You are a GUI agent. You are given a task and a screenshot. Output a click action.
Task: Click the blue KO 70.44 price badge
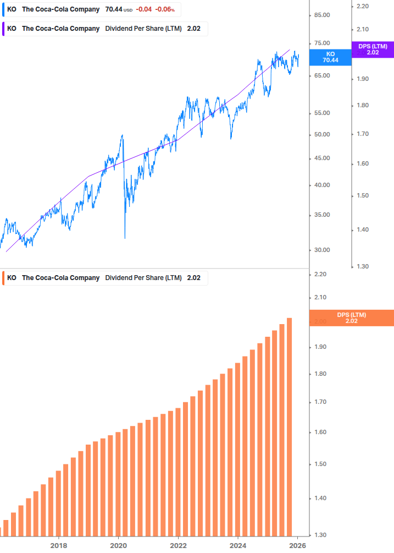tap(330, 57)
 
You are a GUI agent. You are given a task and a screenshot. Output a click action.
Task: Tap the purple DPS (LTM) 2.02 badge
tap(373, 50)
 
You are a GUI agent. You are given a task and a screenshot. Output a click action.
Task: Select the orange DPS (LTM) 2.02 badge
tap(352, 317)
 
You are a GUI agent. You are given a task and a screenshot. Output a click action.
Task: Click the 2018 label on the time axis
tap(59, 545)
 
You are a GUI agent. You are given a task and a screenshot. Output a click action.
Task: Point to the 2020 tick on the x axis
tap(119, 545)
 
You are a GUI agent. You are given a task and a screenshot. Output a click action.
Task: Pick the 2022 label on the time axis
tap(179, 545)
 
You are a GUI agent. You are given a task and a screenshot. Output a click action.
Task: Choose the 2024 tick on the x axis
tap(238, 545)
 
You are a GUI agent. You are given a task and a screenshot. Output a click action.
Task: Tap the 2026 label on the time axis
tap(297, 545)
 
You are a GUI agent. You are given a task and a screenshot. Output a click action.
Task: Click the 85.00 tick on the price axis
tap(321, 15)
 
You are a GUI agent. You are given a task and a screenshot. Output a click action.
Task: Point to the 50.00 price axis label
tap(321, 134)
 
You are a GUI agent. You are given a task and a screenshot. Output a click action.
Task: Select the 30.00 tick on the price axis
tap(321, 250)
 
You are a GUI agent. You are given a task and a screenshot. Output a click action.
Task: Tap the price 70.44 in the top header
tap(114, 9)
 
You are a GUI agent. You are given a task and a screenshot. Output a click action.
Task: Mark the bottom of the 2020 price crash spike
tap(125, 238)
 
